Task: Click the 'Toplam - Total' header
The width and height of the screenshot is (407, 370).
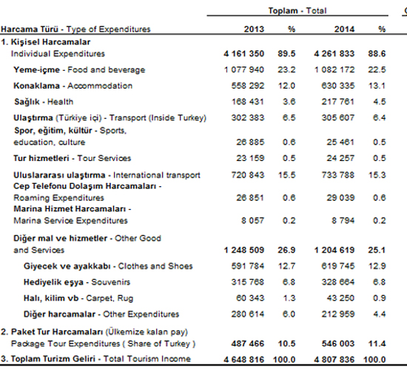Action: point(297,10)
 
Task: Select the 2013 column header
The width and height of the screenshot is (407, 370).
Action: point(254,29)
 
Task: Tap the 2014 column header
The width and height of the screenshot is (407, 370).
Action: point(344,29)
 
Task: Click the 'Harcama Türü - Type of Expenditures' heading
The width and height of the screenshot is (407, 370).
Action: point(75,30)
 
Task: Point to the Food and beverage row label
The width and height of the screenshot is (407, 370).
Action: point(79,69)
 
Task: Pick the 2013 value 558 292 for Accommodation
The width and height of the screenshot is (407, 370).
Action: point(248,86)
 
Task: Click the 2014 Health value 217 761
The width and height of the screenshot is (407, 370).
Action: point(338,102)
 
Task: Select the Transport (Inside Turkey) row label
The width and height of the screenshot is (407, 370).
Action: point(110,118)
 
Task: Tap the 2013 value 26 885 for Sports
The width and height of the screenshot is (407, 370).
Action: point(250,142)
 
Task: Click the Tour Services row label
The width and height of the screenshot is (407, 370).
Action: point(73,158)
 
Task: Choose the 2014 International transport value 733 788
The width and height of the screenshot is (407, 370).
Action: point(338,175)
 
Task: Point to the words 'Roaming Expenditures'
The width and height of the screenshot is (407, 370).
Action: point(58,198)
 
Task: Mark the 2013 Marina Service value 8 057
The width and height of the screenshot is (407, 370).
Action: point(252,221)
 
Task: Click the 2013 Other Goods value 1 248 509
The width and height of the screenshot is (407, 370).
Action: point(243,250)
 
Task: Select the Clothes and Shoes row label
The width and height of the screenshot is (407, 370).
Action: point(108,266)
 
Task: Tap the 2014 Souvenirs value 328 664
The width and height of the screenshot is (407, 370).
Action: point(338,282)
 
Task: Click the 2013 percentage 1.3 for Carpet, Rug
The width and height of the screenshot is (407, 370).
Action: point(289,298)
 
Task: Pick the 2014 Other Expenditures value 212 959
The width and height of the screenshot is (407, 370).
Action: point(338,314)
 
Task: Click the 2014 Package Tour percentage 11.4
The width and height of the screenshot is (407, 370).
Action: point(377,343)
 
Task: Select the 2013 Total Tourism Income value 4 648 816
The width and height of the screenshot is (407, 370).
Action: point(243,360)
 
